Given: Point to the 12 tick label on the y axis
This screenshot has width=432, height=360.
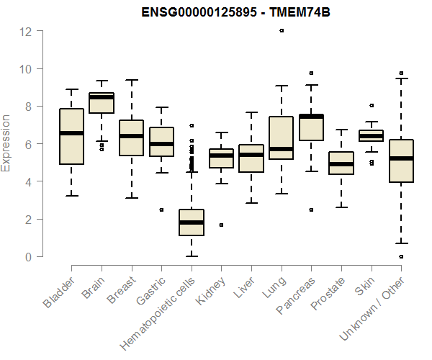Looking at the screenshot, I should [26, 32].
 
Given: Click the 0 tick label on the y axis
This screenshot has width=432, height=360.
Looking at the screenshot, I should [28, 257].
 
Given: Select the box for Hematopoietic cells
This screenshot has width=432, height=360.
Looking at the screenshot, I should [192, 222].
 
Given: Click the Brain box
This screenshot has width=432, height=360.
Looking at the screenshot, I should [102, 103].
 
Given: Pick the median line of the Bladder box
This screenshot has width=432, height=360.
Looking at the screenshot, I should [71, 133].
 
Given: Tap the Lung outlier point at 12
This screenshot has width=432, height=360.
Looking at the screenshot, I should [282, 31].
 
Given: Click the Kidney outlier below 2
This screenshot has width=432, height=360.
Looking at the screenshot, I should [221, 225].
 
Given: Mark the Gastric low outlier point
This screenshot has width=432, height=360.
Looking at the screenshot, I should [161, 210].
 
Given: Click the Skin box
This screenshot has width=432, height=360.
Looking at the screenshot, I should [371, 135].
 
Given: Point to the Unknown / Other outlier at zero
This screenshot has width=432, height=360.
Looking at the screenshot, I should [401, 256].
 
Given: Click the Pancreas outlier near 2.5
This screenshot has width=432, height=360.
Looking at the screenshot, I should [311, 210].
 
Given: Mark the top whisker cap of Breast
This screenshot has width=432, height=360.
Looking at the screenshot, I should [131, 80].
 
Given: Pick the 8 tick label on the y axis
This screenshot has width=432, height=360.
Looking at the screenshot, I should [28, 107].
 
